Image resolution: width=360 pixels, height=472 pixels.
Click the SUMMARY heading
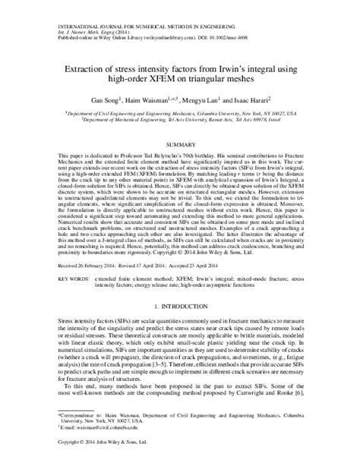(x=180, y=143)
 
